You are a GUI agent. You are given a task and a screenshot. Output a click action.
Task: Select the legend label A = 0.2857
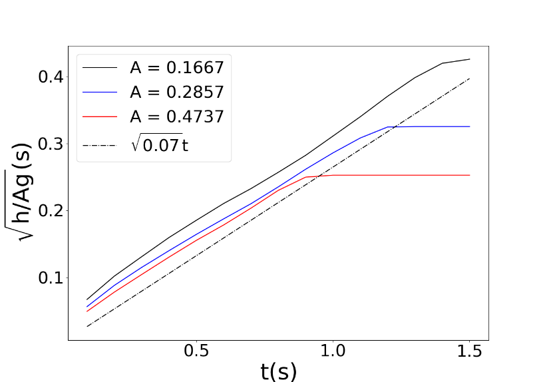coord(176,91)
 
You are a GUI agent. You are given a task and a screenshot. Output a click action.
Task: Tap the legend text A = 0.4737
coord(176,116)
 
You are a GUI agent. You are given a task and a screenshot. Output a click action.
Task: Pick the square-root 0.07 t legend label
coord(160,142)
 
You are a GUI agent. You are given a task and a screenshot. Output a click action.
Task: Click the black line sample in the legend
coord(100,67)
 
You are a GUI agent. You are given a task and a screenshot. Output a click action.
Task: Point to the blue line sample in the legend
coord(100,92)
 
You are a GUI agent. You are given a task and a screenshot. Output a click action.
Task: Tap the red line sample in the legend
coord(100,116)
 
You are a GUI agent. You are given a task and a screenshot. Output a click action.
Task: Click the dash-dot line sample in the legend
coord(100,142)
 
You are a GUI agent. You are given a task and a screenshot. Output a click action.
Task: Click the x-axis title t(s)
coord(278,370)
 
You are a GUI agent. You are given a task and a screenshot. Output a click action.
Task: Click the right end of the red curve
coord(469,175)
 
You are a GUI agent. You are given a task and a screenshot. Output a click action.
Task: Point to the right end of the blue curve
coord(469,126)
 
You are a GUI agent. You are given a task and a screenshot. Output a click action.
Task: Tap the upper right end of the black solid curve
coord(469,59)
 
